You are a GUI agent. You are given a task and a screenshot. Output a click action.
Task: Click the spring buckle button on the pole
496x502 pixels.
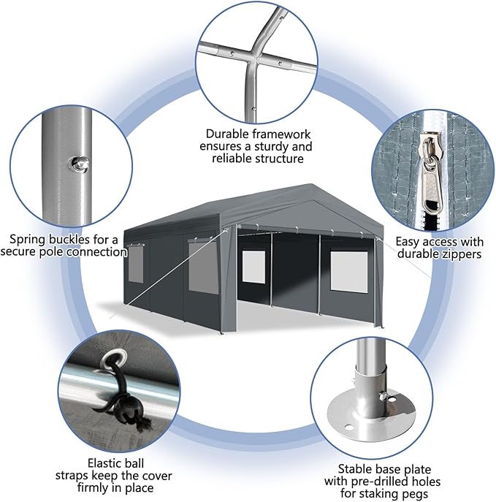pos(78,164)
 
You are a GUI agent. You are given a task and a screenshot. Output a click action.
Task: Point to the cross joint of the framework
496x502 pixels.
pos(256,58)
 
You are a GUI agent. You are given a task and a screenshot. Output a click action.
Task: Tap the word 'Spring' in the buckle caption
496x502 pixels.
pos(28,240)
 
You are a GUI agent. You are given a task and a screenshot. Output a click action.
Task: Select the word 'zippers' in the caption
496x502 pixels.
pos(460,254)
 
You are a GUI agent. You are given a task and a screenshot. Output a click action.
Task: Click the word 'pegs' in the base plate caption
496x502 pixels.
pos(413,494)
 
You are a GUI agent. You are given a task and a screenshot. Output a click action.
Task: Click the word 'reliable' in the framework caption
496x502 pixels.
pos(231,159)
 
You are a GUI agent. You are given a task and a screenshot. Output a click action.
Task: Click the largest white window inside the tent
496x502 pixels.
pos(348,272)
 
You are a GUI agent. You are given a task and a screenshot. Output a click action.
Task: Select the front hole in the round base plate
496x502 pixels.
pos(348,427)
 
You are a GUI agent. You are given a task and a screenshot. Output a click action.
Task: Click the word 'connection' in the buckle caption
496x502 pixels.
pos(97,252)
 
